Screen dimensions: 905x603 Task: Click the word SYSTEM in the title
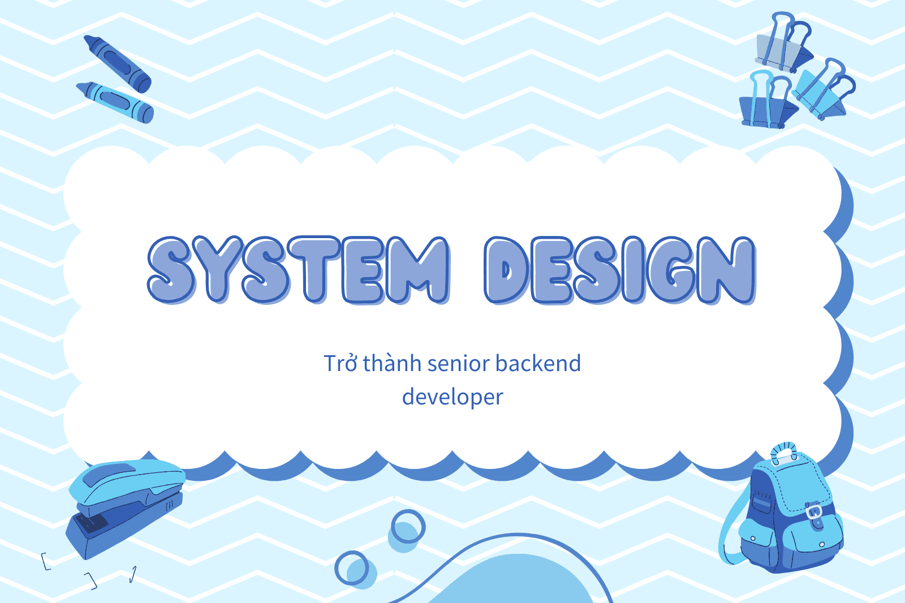(298, 270)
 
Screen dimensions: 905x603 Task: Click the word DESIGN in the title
(620, 270)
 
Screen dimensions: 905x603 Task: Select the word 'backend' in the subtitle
(538, 363)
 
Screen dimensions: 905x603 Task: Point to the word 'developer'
(453, 397)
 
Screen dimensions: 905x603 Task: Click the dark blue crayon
(118, 63)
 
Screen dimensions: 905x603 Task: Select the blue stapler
(125, 509)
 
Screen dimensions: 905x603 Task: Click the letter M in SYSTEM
(416, 270)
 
